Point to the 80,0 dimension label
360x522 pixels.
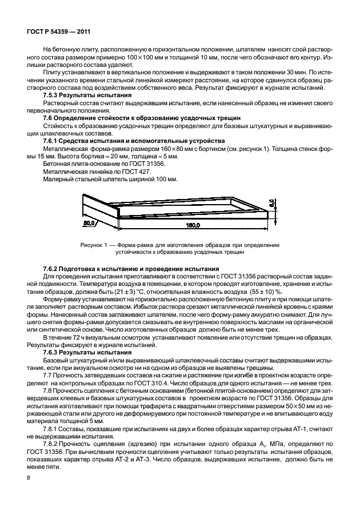(90, 224)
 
